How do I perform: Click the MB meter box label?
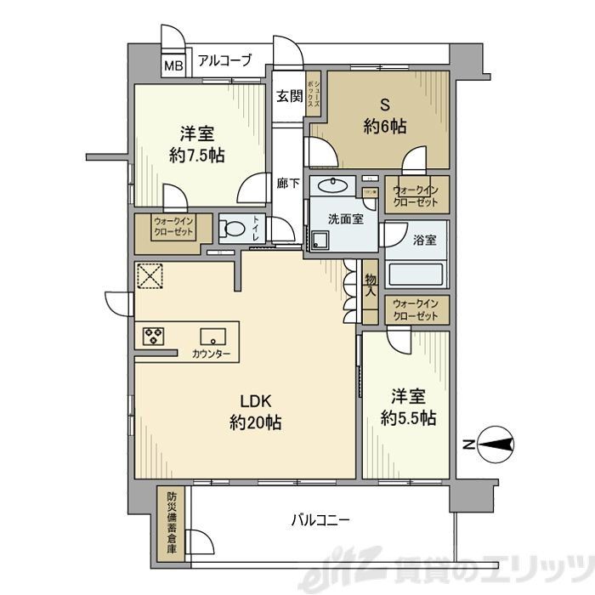pyautogui.click(x=173, y=65)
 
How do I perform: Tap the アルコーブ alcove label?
pyautogui.click(x=224, y=60)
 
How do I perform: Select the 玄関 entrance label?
pyautogui.click(x=289, y=96)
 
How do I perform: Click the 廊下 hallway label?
pyautogui.click(x=287, y=181)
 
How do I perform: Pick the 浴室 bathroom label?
pyautogui.click(x=425, y=240)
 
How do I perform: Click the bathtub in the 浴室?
pyautogui.click(x=416, y=274)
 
